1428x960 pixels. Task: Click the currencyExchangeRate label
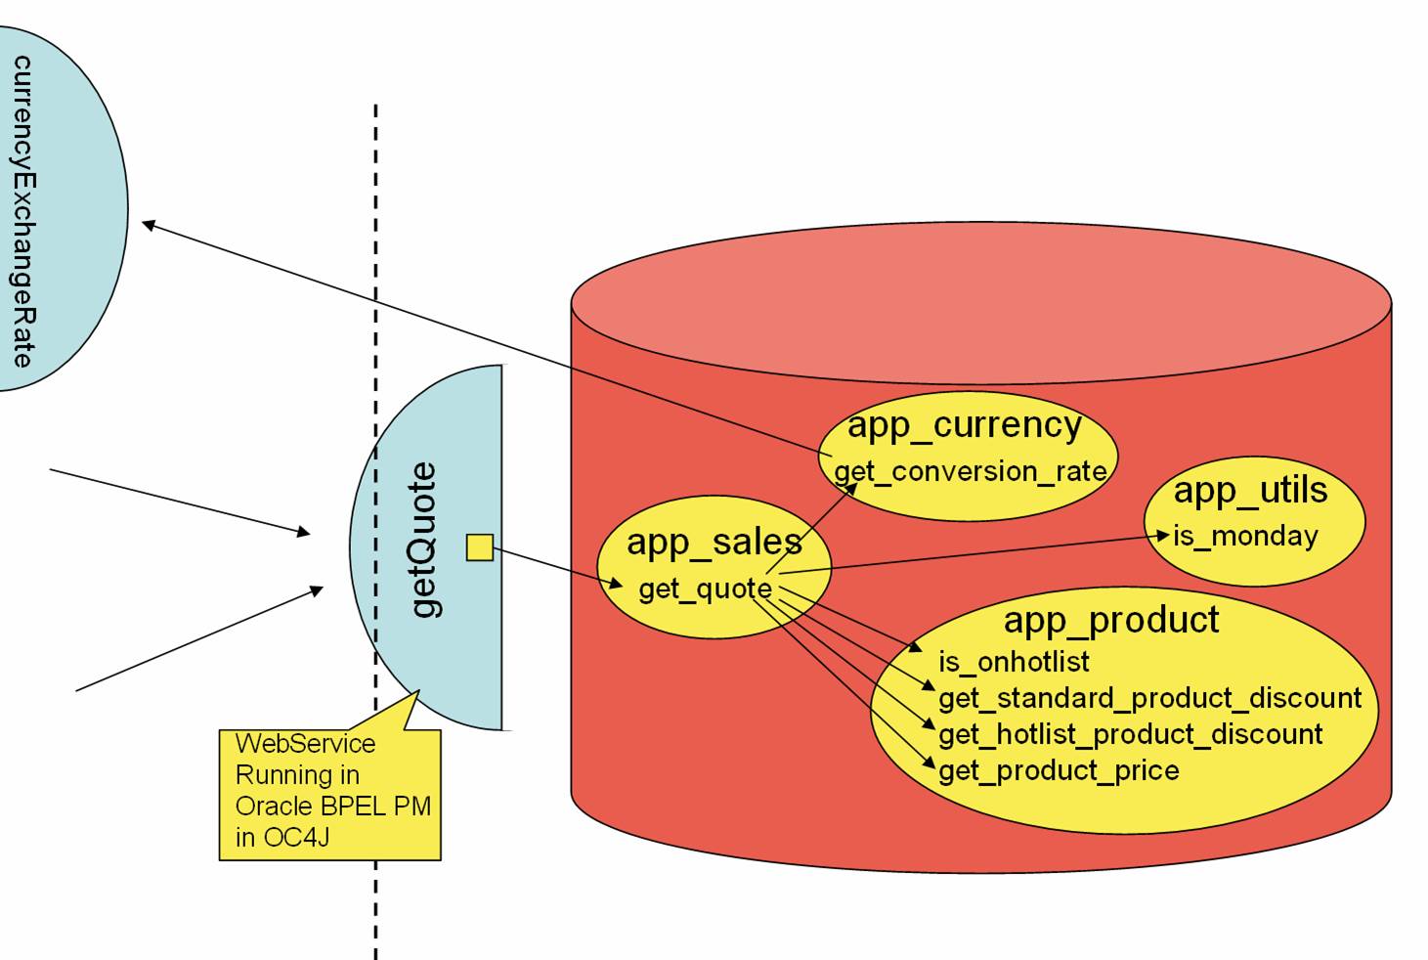pyautogui.click(x=22, y=210)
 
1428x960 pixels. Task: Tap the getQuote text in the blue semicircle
pyautogui.click(x=423, y=540)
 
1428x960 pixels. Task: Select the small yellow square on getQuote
pyautogui.click(x=479, y=547)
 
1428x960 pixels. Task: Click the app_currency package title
pyautogui.click(x=964, y=425)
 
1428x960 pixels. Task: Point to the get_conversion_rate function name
pyautogui.click(x=970, y=471)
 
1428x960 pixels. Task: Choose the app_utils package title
pyautogui.click(x=1250, y=490)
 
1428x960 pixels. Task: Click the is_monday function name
pyautogui.click(x=1245, y=536)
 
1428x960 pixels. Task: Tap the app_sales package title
pyautogui.click(x=714, y=542)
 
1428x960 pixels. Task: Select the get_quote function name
pyautogui.click(x=705, y=589)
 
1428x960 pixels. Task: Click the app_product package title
pyautogui.click(x=1111, y=620)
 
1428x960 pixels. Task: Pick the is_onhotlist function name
pyautogui.click(x=1014, y=662)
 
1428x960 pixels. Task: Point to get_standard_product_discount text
pyautogui.click(x=1149, y=698)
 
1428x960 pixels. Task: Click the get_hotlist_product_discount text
pyautogui.click(x=1130, y=734)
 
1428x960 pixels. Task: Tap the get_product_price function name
pyautogui.click(x=1059, y=770)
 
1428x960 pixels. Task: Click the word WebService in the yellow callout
pyautogui.click(x=305, y=743)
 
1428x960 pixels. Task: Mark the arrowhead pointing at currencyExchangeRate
pyautogui.click(x=148, y=225)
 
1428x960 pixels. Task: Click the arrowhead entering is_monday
pyautogui.click(x=1163, y=535)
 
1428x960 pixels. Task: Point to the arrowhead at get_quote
pyautogui.click(x=618, y=586)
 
